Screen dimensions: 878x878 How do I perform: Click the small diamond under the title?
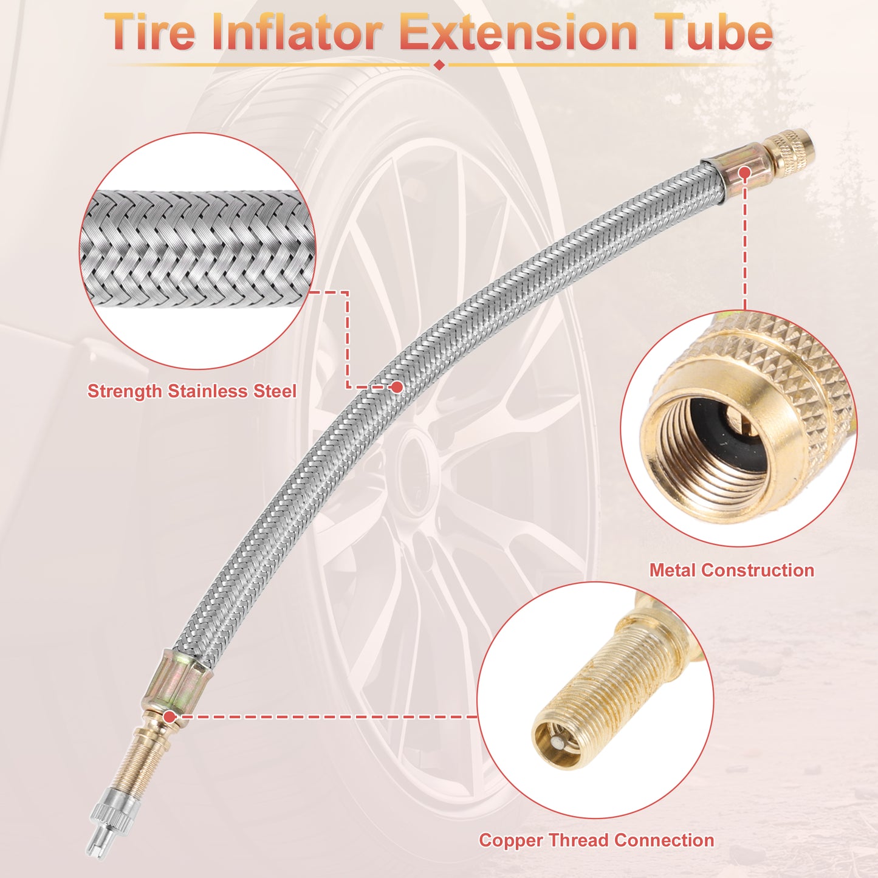coord(439,64)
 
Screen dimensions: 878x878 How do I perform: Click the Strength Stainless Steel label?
coord(192,391)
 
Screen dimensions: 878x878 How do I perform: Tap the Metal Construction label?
coord(732,570)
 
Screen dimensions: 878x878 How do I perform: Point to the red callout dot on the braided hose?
coord(397,387)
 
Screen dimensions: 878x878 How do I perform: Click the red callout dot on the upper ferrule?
coord(744,173)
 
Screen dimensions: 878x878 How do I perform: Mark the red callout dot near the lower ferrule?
coord(170,717)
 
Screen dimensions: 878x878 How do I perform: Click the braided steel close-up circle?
coord(197,250)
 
